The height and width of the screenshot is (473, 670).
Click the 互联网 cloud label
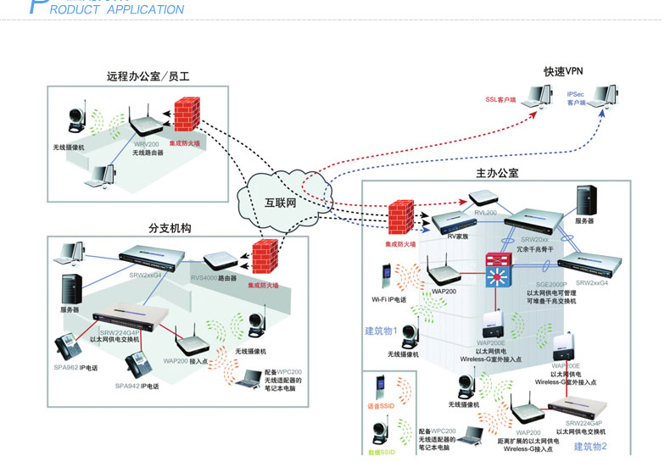coord(280,203)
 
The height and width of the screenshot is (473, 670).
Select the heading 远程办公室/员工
coord(148,76)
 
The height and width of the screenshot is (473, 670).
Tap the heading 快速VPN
coord(566,71)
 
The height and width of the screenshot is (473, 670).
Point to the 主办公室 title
coord(497,173)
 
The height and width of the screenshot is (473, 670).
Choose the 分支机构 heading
coord(170,229)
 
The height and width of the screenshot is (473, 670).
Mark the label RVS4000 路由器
coord(215,277)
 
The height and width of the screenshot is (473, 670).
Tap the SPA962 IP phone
coord(67,348)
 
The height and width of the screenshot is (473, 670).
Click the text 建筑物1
coord(380,331)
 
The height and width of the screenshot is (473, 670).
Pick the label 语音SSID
coord(381,408)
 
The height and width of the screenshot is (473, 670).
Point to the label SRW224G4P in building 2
coord(584,421)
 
